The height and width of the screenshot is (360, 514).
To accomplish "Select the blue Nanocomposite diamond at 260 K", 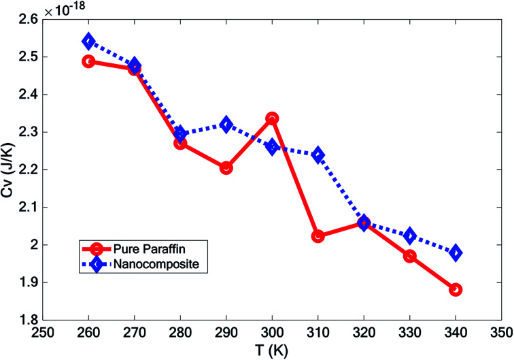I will pyautogui.click(x=88, y=42).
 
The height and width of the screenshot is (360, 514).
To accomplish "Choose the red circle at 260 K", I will pyautogui.click(x=88, y=61).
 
